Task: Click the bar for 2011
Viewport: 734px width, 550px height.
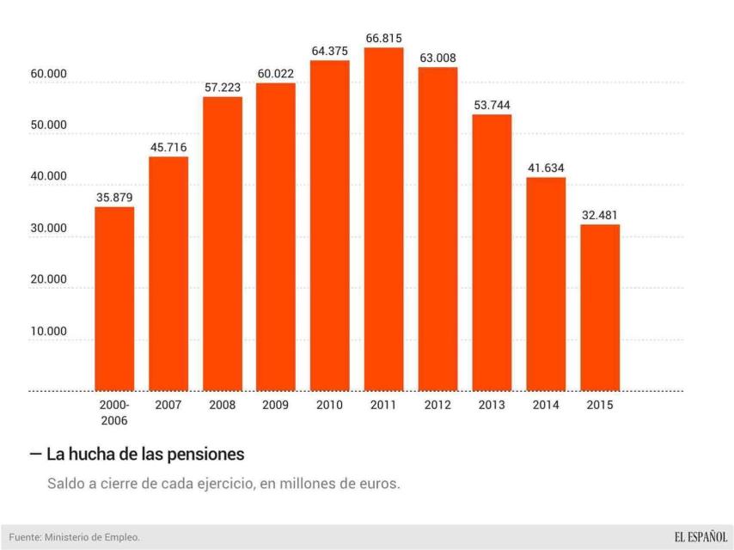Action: coord(383,219)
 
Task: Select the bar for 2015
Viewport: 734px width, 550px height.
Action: coord(600,307)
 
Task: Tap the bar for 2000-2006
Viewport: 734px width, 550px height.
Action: coord(114,298)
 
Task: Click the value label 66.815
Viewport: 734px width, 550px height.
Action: coord(383,39)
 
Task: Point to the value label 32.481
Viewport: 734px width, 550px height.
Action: coord(600,215)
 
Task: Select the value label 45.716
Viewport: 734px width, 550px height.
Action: coord(168,147)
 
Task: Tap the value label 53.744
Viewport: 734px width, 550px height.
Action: coord(492,105)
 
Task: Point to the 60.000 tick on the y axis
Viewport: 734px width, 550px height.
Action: coord(49,74)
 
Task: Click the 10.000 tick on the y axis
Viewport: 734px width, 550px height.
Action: coord(49,332)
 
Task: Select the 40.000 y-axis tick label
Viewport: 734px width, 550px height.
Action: coord(49,177)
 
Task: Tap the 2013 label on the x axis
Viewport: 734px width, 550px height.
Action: coord(492,405)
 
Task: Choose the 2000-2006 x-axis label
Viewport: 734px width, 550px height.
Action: coord(114,412)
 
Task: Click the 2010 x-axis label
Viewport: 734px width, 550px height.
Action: coord(330,405)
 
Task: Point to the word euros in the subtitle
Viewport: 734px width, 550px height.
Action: coord(380,484)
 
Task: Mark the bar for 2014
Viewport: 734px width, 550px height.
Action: coord(546,284)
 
